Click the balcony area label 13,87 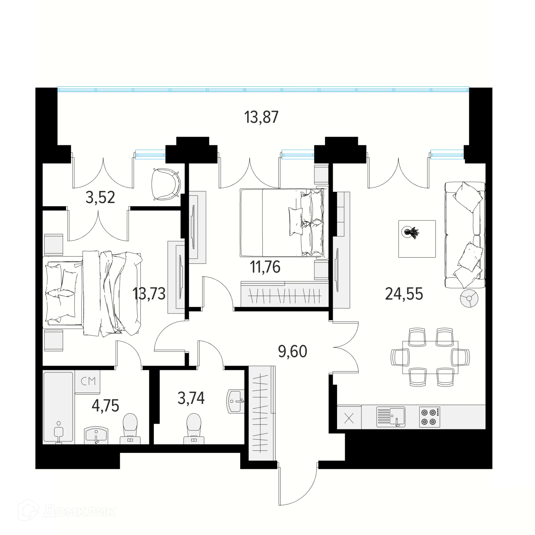[x=261, y=117]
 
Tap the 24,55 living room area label [x=404, y=294]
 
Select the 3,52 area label [x=100, y=197]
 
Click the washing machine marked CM [x=87, y=382]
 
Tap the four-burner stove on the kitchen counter [x=429, y=417]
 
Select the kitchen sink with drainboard [x=391, y=417]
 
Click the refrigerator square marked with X [x=349, y=417]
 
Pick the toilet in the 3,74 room [x=194, y=429]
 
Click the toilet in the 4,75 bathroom [x=130, y=429]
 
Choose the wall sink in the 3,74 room [x=235, y=401]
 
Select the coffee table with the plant [x=417, y=239]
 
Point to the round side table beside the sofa [x=469, y=298]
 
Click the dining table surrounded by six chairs [x=430, y=358]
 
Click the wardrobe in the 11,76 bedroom [x=284, y=294]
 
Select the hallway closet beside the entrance [x=261, y=413]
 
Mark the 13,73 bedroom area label [x=149, y=294]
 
